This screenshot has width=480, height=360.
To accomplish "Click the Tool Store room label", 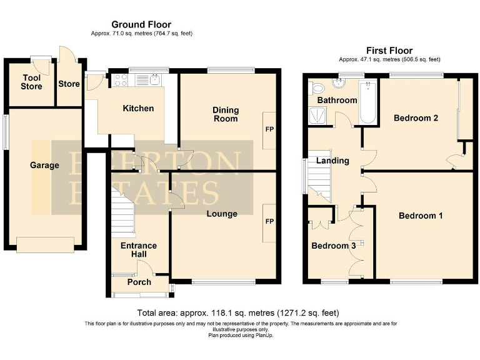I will click(x=31, y=82).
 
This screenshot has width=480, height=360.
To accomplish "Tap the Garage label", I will click(x=44, y=166).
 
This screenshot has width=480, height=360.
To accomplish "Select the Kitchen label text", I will click(x=138, y=109).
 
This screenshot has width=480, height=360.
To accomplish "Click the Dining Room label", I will click(x=226, y=114).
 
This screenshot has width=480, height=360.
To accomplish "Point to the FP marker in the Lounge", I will click(x=270, y=222).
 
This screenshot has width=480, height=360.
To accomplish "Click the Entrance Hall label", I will click(x=139, y=250).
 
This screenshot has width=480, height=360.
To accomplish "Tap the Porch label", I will click(x=139, y=282).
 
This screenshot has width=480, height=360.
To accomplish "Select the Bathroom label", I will click(x=337, y=100).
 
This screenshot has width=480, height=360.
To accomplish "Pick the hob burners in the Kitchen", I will click(x=121, y=80).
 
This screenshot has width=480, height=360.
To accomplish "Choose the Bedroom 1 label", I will click(x=421, y=216).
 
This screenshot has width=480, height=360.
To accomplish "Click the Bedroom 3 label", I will click(x=334, y=246).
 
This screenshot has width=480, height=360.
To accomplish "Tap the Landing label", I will click(x=332, y=161).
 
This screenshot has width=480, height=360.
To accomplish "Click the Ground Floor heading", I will click(x=141, y=25).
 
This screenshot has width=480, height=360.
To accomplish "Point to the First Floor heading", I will click(x=389, y=51).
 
